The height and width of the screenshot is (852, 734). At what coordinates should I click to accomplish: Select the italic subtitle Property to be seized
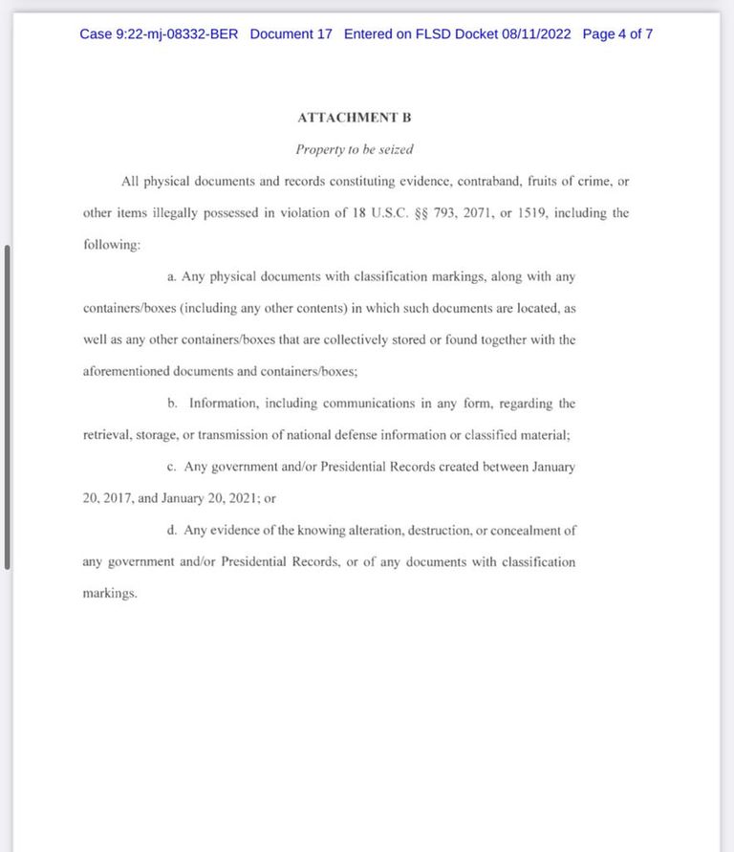coord(354,149)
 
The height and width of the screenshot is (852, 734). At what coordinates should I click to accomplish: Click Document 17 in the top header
coord(291,34)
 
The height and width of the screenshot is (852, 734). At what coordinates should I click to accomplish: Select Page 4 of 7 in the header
coord(617,34)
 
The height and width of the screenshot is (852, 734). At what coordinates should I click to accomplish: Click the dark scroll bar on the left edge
coord(8,406)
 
